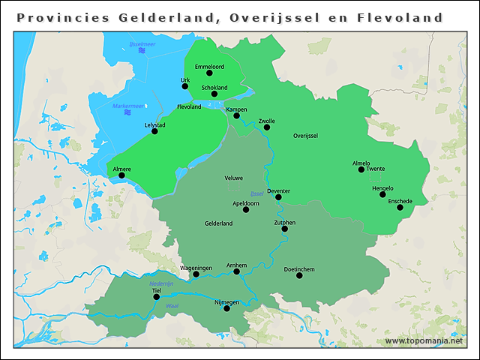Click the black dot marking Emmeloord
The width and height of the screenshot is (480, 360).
point(209,73)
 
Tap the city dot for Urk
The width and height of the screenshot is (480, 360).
point(185,86)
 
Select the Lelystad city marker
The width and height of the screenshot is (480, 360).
point(154,131)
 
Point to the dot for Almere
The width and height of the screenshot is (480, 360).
point(121,175)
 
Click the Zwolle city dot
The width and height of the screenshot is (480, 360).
point(266,127)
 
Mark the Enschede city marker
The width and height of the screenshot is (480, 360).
point(400,208)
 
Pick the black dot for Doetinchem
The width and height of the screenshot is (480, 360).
point(299,275)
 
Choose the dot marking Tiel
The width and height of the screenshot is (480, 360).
point(157,297)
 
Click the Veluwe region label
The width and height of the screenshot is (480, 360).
point(234,178)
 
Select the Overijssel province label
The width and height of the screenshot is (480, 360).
point(306,136)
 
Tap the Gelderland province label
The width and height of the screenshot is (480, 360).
point(218,223)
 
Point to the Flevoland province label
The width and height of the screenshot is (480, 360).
point(189,107)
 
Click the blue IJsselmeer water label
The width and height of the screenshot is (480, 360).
point(142,45)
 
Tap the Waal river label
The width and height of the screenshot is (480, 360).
point(172,306)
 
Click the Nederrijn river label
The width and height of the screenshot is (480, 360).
point(161,284)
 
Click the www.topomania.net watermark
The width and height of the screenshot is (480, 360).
point(424,340)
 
